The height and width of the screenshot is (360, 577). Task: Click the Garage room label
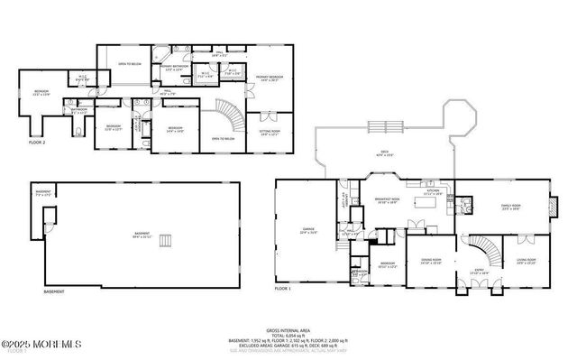pyautogui.click(x=307, y=232)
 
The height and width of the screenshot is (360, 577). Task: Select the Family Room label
pyautogui.click(x=512, y=207)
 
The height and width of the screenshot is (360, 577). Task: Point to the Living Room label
pyautogui.click(x=527, y=263)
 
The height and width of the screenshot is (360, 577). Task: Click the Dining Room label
pyautogui.click(x=431, y=263)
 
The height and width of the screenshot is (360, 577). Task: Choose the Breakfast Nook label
pyautogui.click(x=385, y=202)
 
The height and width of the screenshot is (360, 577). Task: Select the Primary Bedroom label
pyautogui.click(x=270, y=78)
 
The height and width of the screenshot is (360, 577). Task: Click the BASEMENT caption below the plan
pyautogui.click(x=54, y=292)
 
